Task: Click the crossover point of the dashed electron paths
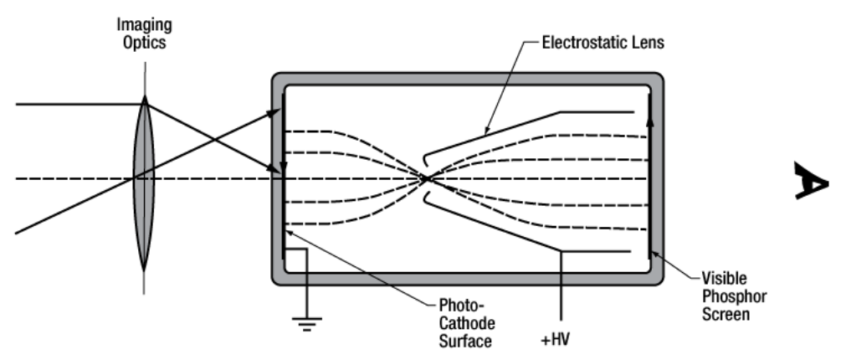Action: pos(428,177)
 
